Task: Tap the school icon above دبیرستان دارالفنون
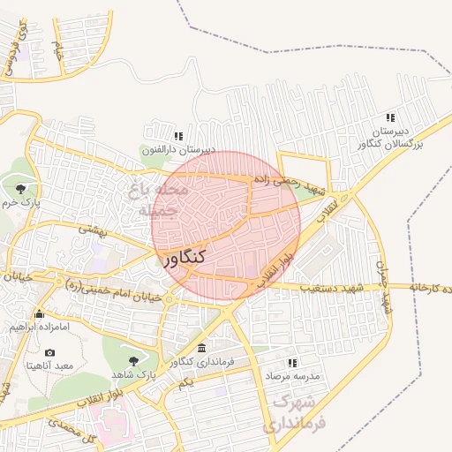(x=178, y=137)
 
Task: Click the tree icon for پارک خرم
(x=20, y=188)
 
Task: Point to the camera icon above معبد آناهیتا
(x=49, y=352)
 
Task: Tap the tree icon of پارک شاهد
(x=133, y=360)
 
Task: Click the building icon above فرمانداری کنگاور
(x=202, y=349)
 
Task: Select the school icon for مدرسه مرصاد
(x=292, y=363)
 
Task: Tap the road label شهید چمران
(x=383, y=285)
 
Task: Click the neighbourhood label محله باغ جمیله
(x=161, y=200)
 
